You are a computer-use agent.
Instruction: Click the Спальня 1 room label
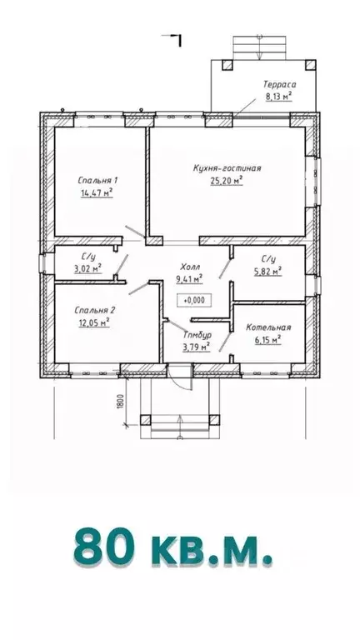(x=97, y=180)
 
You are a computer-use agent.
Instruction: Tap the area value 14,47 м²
(x=97, y=192)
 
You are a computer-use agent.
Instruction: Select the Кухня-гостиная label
(x=227, y=168)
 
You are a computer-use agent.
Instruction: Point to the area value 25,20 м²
(x=227, y=181)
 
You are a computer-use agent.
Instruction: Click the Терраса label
(x=279, y=85)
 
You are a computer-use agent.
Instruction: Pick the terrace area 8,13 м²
(x=279, y=97)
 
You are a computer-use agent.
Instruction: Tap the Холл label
(x=190, y=267)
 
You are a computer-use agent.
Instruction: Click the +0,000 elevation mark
(x=194, y=300)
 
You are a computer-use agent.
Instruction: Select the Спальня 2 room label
(x=95, y=311)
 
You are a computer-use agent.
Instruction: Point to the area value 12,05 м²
(x=94, y=322)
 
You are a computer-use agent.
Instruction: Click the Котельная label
(x=268, y=327)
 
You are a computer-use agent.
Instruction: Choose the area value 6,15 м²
(x=268, y=340)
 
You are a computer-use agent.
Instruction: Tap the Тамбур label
(x=197, y=336)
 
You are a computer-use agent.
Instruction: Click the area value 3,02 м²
(x=87, y=268)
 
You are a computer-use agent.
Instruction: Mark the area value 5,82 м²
(x=268, y=271)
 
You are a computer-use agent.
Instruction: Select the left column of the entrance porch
(x=145, y=420)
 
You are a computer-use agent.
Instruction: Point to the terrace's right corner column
(x=311, y=64)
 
